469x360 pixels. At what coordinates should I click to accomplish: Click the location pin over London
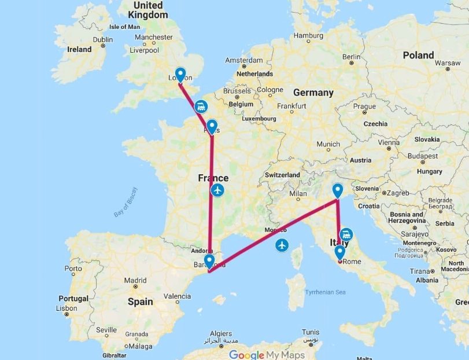[180, 75]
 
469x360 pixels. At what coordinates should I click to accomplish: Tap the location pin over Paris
[212, 126]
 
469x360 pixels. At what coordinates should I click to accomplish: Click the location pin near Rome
[339, 252]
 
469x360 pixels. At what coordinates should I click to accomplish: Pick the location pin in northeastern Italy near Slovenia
[338, 190]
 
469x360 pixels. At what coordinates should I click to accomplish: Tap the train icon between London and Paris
[201, 106]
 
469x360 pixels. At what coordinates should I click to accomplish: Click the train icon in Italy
[346, 235]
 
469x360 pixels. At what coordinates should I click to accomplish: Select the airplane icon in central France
[217, 190]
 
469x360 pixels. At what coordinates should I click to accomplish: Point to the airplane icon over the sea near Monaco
[282, 245]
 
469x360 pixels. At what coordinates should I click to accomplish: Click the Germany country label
[313, 93]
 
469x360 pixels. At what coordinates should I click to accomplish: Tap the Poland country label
[418, 55]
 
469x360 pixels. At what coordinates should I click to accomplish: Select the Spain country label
[140, 302]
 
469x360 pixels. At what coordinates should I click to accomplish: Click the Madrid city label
[135, 281]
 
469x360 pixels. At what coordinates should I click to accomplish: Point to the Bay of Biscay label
[126, 202]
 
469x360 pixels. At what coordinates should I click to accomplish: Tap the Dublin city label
[103, 40]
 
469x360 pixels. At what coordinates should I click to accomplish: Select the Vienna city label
[389, 142]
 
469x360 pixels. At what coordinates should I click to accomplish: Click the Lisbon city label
[67, 308]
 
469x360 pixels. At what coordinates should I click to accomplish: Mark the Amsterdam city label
[244, 60]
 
